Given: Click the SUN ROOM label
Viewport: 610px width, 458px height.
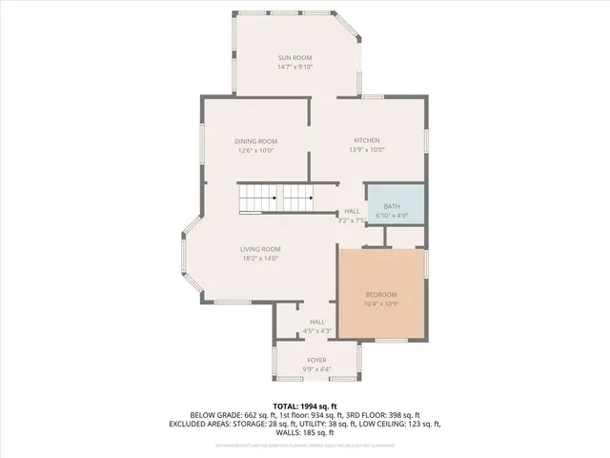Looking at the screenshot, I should [295, 57].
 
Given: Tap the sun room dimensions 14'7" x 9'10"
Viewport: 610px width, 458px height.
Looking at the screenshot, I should [295, 67].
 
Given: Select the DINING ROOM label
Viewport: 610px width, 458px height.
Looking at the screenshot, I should [255, 141].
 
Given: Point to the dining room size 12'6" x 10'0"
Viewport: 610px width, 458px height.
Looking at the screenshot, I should [255, 151].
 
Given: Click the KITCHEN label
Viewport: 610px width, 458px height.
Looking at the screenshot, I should [367, 140].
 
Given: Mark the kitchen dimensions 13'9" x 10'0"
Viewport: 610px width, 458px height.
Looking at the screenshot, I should [367, 150].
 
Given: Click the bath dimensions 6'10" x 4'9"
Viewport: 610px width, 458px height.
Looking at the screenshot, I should [392, 216].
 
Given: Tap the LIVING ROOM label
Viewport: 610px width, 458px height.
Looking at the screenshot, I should [259, 249].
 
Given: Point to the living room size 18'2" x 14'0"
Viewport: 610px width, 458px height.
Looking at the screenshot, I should [259, 259].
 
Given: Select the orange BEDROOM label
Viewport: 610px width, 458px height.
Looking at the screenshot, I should [381, 294].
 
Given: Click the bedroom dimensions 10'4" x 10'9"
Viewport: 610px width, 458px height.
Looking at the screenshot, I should [381, 303].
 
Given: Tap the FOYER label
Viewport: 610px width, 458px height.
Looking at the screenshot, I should [316, 360].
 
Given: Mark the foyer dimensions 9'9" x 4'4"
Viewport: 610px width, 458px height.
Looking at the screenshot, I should [316, 369].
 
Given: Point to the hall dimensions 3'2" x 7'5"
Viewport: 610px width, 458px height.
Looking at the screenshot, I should [352, 220].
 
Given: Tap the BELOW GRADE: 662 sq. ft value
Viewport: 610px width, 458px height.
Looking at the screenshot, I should [230, 414].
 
